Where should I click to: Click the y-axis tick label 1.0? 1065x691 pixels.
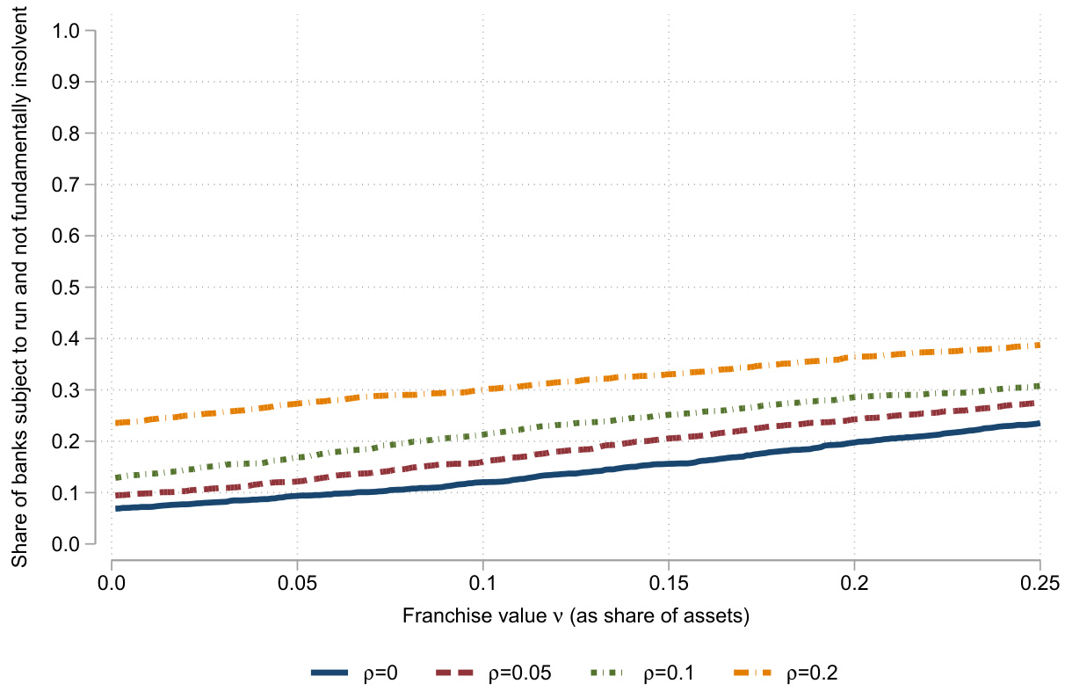pyautogui.click(x=69, y=31)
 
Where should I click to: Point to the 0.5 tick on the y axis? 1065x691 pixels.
pyautogui.click(x=69, y=287)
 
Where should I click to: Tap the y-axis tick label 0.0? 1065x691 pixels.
pyautogui.click(x=69, y=544)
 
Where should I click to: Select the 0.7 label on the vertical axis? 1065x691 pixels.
pyautogui.click(x=69, y=185)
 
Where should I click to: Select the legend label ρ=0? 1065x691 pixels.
pyautogui.click(x=379, y=673)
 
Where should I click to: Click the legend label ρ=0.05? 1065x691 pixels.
pyautogui.click(x=520, y=673)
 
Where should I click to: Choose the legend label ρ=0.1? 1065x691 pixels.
pyautogui.click(x=670, y=673)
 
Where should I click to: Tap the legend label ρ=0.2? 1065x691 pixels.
pyautogui.click(x=814, y=673)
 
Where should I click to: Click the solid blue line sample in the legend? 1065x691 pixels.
pyautogui.click(x=330, y=673)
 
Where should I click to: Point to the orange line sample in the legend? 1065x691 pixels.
pyautogui.click(x=756, y=673)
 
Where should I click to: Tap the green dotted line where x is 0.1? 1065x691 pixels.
pyautogui.click(x=482, y=435)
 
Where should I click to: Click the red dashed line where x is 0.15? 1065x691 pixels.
pyautogui.click(x=669, y=439)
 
